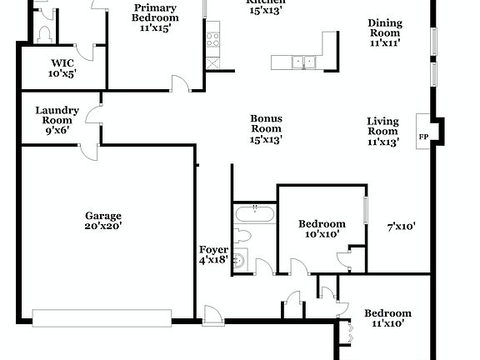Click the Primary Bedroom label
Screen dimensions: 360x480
point(155,17)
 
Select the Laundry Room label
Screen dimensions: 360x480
point(57,119)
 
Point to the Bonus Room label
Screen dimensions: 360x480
point(266,128)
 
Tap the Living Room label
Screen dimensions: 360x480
point(382,131)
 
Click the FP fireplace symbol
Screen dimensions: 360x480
point(423,136)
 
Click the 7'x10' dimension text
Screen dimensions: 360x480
point(402,226)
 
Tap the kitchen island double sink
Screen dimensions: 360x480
point(302,61)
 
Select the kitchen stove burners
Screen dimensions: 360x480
point(212,39)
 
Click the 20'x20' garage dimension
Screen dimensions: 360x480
point(103,226)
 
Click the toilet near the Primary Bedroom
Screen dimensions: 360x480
point(46,32)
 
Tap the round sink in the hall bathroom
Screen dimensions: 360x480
point(240,260)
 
